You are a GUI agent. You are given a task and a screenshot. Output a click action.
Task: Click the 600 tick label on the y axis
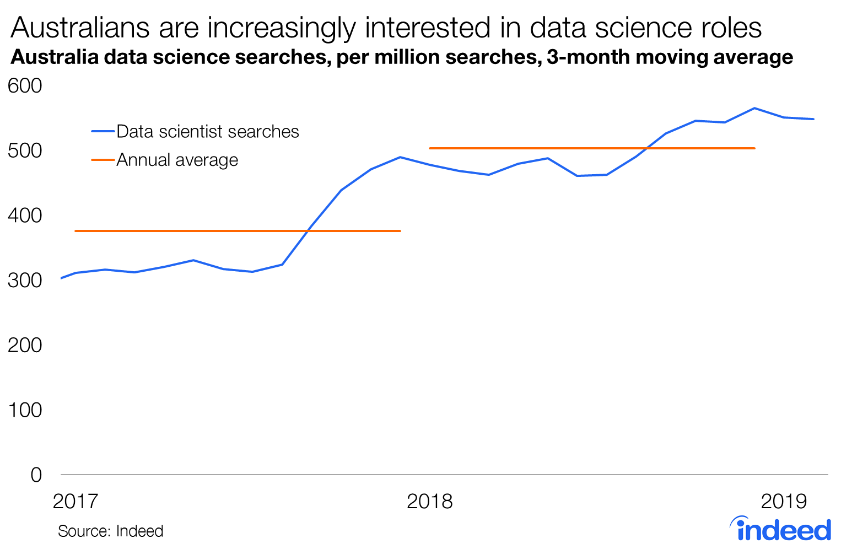(25, 86)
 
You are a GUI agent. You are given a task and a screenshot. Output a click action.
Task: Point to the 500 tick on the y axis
(25, 150)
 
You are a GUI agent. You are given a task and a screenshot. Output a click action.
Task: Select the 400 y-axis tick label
(25, 216)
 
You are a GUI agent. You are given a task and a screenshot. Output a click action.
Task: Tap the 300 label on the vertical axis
(25, 280)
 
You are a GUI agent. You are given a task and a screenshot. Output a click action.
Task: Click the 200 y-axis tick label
(25, 345)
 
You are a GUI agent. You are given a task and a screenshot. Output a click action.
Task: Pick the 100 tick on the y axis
(25, 410)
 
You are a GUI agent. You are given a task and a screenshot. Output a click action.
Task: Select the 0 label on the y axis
(36, 475)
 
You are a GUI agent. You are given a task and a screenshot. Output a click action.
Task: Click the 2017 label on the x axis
(76, 502)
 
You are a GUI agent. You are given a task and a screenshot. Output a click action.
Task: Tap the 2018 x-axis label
(429, 502)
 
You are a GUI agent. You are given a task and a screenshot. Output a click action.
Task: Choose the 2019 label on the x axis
(784, 502)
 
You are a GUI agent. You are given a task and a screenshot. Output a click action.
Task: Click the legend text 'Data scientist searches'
(208, 132)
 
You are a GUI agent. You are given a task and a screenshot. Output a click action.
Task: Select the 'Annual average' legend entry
(177, 160)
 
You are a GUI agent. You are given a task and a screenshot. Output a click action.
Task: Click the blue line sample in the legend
(103, 132)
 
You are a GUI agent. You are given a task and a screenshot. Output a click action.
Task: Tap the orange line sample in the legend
(103, 160)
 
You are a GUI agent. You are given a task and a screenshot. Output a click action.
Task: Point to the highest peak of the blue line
(754, 108)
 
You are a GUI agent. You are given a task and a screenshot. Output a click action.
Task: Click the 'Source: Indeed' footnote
(111, 531)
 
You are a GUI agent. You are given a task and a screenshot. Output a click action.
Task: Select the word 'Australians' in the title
(80, 28)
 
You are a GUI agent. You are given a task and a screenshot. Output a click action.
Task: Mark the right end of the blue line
(813, 119)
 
